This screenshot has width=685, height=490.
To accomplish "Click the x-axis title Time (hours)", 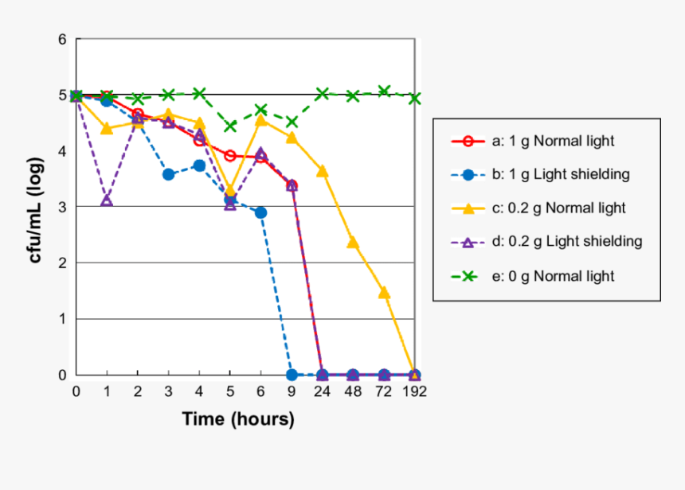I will click(x=238, y=419).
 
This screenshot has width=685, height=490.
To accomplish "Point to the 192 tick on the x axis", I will click(x=414, y=391).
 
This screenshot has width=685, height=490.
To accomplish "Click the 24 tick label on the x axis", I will click(x=322, y=391).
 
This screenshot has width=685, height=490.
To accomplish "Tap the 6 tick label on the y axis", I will click(x=62, y=39).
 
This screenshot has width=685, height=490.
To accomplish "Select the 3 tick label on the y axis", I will click(x=62, y=207).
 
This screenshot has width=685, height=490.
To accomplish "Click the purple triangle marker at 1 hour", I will click(x=107, y=200).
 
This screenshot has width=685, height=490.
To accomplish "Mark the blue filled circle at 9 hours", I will click(x=292, y=375).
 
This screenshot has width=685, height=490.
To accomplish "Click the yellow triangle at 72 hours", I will click(x=384, y=293).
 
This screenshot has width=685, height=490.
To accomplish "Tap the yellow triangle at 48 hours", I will click(x=353, y=243).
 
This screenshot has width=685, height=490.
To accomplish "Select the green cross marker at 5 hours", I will click(x=230, y=126).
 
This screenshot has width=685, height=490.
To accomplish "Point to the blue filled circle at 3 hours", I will click(x=168, y=174).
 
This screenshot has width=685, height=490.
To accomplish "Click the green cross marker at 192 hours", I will click(x=414, y=99).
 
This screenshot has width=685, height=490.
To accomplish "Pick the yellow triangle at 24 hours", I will click(x=322, y=171).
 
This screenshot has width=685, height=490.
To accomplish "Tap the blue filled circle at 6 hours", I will click(x=260, y=212).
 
